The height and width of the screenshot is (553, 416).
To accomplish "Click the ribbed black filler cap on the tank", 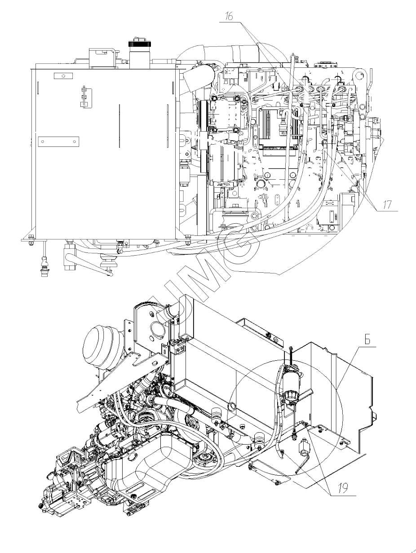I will pyautogui.click(x=135, y=45).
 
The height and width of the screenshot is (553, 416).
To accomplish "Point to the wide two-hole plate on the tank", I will pyautogui.click(x=59, y=142).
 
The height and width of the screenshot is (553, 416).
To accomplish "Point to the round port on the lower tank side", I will pyautogui.click(x=232, y=407).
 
